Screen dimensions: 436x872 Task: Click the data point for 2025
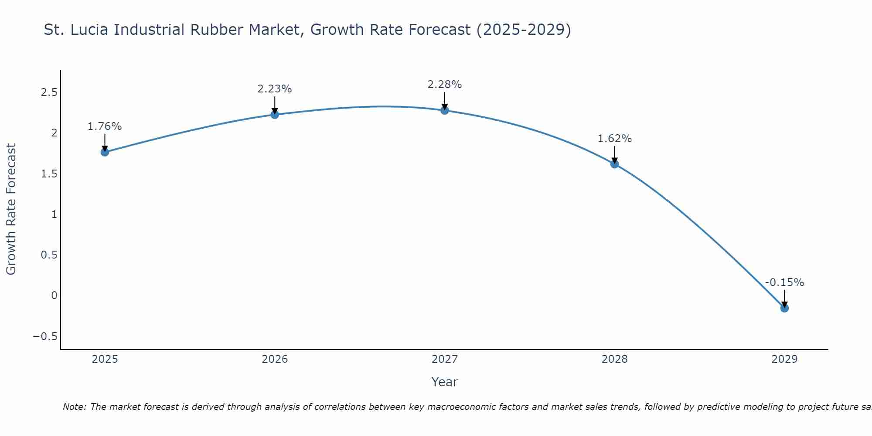point(105,152)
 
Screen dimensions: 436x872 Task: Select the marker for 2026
point(275,115)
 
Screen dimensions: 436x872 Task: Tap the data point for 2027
point(445,110)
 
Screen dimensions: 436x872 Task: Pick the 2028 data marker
point(615,164)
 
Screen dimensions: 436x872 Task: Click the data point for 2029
point(784,308)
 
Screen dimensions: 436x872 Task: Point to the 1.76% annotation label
point(105,126)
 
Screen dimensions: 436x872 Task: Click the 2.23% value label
point(275,89)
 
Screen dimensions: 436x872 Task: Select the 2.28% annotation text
point(445,85)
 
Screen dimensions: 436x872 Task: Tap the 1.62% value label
point(615,139)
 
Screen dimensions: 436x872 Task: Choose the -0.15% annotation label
point(784,283)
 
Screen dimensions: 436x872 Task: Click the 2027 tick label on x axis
point(445,359)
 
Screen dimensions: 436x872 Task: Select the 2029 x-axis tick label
point(784,359)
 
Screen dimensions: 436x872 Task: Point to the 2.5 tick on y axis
point(49,92)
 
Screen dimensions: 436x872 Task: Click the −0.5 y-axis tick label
point(45,336)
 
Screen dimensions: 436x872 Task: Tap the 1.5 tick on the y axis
point(49,174)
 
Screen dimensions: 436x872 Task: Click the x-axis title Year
point(445,382)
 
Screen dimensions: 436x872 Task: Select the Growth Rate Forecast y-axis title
point(11,209)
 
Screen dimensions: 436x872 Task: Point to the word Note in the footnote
point(74,407)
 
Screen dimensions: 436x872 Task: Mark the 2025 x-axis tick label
point(105,359)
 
